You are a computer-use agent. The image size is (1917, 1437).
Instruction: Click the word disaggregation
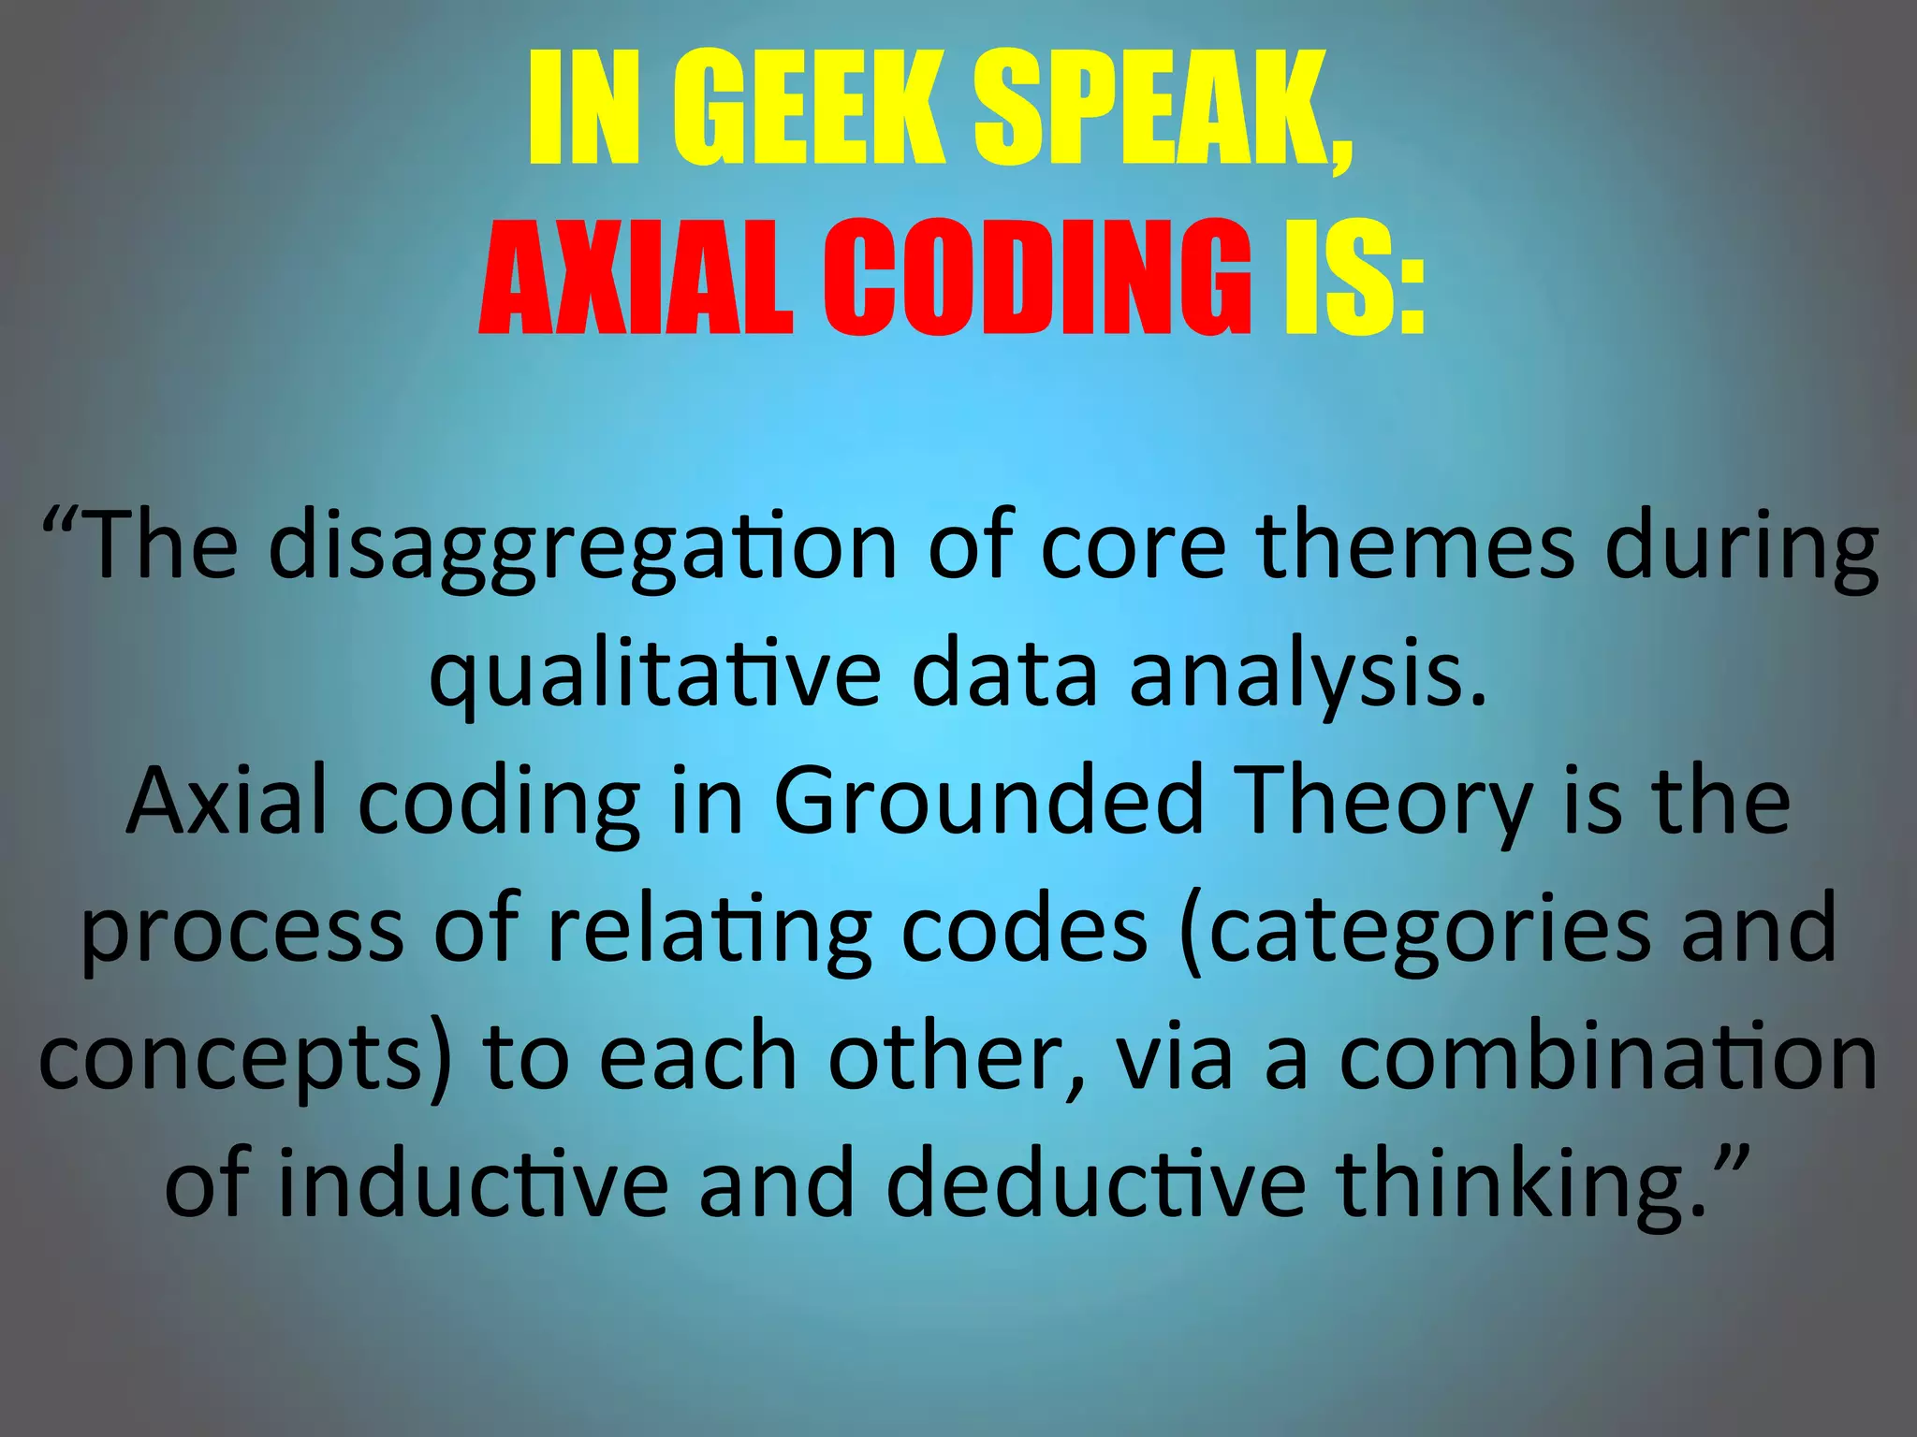pyautogui.click(x=582, y=547)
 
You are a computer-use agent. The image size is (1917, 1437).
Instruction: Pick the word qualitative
pyautogui.click(x=654, y=675)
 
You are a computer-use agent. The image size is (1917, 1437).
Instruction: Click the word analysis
pyautogui.click(x=1308, y=675)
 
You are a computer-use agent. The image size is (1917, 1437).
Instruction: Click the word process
pyautogui.click(x=242, y=930)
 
